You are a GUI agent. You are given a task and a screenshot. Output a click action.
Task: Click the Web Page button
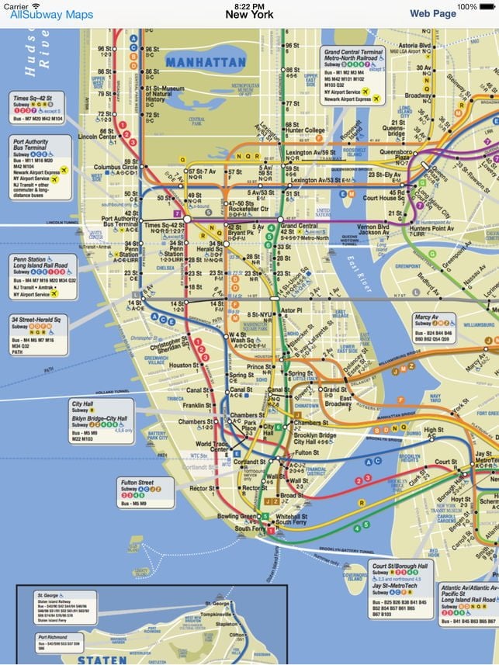point(433,14)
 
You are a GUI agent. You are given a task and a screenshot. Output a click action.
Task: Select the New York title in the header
point(249,15)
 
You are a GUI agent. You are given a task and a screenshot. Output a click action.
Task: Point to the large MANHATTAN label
point(206,62)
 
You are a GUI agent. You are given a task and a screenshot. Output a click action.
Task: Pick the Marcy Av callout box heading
point(428,317)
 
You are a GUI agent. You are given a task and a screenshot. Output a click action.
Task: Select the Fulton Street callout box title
point(137,483)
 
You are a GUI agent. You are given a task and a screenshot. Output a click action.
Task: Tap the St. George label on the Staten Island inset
point(217,603)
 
